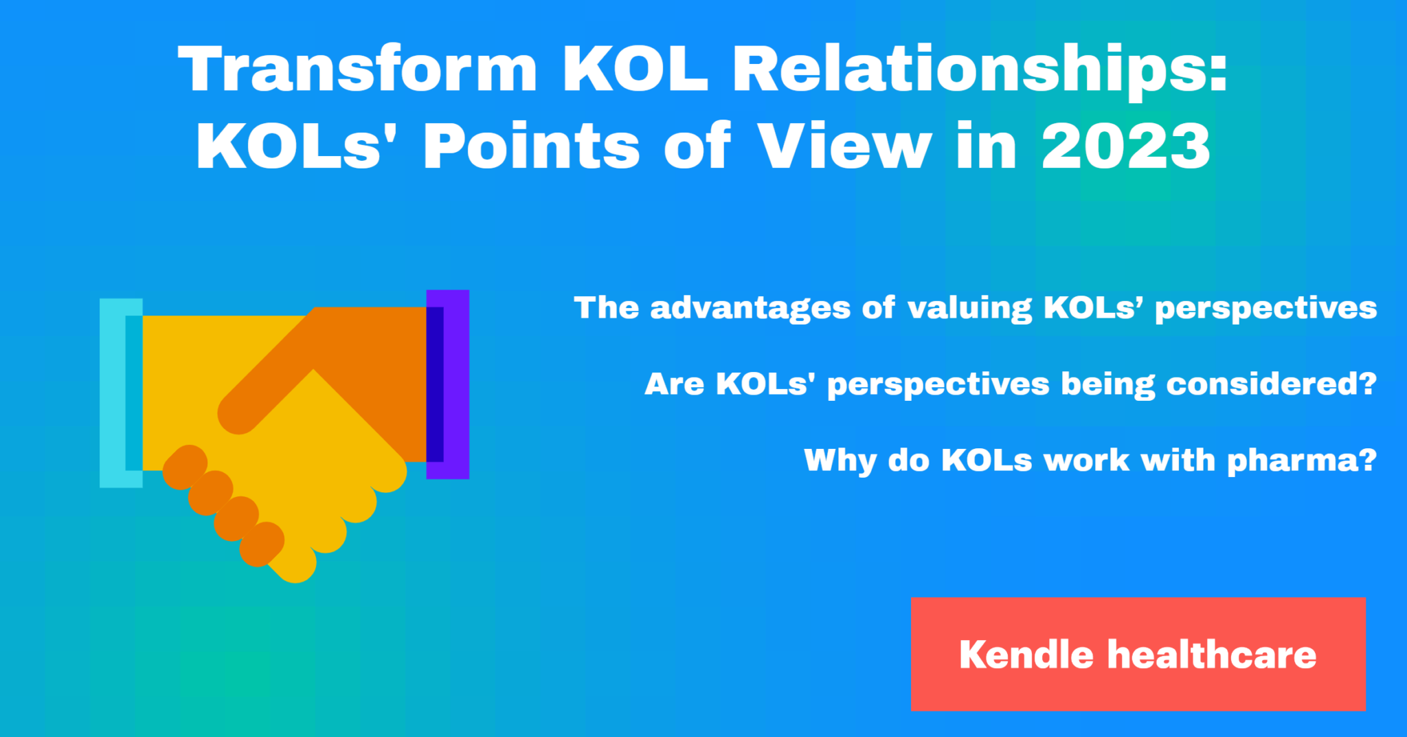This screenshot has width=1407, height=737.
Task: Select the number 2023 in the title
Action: pos(1125,146)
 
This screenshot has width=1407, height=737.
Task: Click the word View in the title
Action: pos(844,146)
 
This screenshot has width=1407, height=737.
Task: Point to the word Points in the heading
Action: pos(531,146)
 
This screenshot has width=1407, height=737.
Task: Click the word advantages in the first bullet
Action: pos(750,308)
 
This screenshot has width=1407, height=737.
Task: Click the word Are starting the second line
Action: pos(674,384)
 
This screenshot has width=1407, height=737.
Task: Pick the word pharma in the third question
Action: pos(1301,460)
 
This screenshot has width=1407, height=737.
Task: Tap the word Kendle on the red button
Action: pos(1026,654)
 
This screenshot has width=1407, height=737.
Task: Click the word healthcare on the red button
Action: pos(1212,654)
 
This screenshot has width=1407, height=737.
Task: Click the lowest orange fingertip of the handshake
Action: pos(262,544)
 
